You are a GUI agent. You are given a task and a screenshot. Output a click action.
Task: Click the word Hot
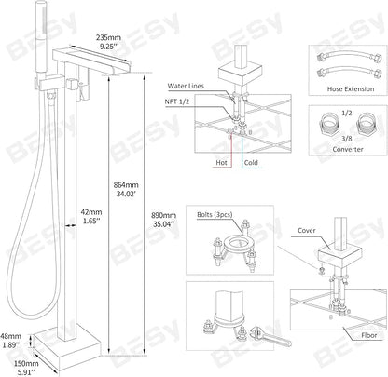pos(221,162)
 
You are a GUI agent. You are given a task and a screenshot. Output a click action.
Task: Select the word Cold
pos(251,162)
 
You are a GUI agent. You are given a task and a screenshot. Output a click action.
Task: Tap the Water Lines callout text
pos(186,86)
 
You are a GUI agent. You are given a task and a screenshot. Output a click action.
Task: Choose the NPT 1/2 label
pos(177,101)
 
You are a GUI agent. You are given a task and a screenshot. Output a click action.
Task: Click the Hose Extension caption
pos(351,88)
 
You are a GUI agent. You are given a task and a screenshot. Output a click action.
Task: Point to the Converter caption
pos(348,149)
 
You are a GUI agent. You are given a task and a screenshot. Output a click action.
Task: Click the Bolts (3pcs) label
pos(215,215)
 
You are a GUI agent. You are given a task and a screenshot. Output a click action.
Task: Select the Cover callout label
pos(307,230)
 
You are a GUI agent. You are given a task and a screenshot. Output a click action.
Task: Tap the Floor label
pos(369,335)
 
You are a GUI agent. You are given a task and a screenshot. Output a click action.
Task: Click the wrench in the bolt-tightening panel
pos(270,337)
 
